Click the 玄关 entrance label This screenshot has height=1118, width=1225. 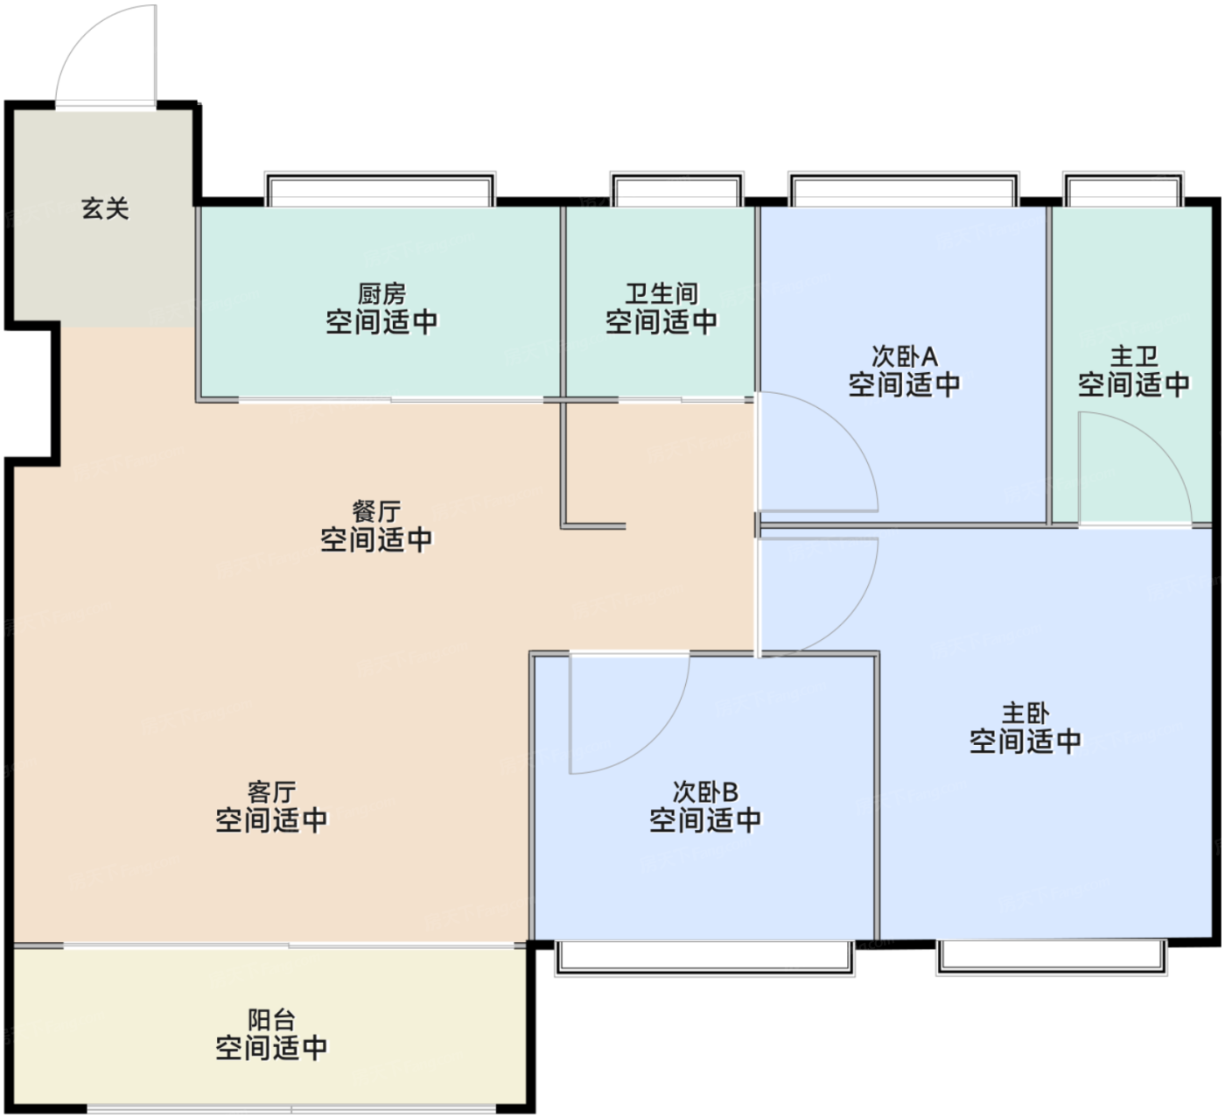point(105,209)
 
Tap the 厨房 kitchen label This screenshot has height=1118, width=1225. point(381,294)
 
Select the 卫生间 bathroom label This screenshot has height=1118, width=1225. point(661,294)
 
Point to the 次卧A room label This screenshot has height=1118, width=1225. point(905,356)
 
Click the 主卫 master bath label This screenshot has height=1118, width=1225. point(1134,356)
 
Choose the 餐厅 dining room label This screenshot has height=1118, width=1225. point(377,511)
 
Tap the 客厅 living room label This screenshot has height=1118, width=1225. point(272,792)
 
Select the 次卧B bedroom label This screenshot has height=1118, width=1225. point(705,792)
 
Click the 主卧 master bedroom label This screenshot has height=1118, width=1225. point(1025,714)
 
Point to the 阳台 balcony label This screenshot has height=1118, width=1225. point(272,1020)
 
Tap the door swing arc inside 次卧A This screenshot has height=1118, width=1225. point(843,428)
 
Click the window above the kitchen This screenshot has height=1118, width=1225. point(380,189)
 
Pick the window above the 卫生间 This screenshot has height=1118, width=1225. point(677,189)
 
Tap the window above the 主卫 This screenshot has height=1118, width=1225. point(1123,189)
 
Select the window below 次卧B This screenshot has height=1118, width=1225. point(704,958)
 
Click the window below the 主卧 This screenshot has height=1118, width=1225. point(1052,958)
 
